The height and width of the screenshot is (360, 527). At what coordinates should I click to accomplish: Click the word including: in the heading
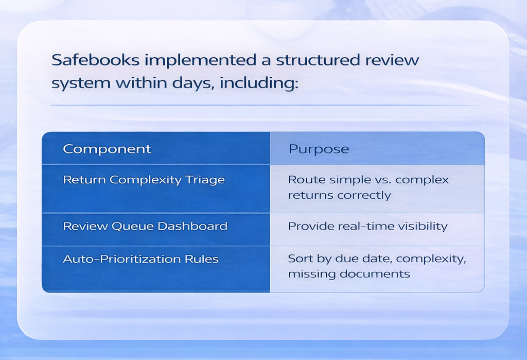coord(259,83)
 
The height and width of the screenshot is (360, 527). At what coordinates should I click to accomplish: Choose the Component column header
coord(107,149)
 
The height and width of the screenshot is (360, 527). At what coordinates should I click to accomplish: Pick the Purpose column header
coord(319,149)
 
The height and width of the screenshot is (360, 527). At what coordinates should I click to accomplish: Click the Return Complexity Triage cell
coord(144,180)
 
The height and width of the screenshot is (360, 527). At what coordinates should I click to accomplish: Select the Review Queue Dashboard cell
coord(145,226)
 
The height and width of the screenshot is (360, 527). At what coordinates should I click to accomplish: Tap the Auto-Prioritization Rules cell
coord(140,259)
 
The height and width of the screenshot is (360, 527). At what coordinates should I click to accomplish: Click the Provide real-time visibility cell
coord(367,226)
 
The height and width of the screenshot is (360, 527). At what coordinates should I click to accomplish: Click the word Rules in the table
coord(204,259)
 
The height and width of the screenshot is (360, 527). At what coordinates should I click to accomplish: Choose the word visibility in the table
coord(421,226)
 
